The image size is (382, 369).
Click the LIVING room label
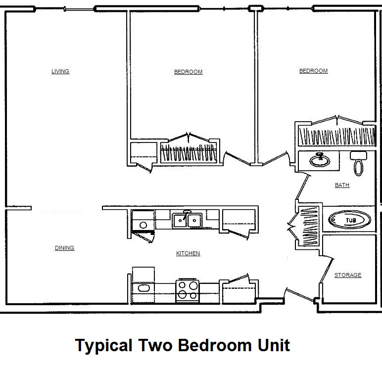click(x=60, y=71)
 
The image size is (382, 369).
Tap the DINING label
click(x=64, y=248)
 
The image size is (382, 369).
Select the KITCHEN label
click(x=188, y=253)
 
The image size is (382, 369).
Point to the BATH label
click(x=342, y=185)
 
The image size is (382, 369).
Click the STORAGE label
click(x=348, y=275)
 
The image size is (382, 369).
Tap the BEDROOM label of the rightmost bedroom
click(x=313, y=71)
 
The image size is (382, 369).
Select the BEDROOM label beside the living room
click(x=188, y=72)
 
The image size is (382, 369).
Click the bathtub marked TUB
click(x=349, y=220)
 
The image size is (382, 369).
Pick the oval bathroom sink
click(x=319, y=160)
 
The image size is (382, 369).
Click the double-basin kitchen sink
click(x=187, y=220)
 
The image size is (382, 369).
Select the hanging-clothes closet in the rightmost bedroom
click(x=336, y=136)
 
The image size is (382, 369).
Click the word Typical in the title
click(x=103, y=345)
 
